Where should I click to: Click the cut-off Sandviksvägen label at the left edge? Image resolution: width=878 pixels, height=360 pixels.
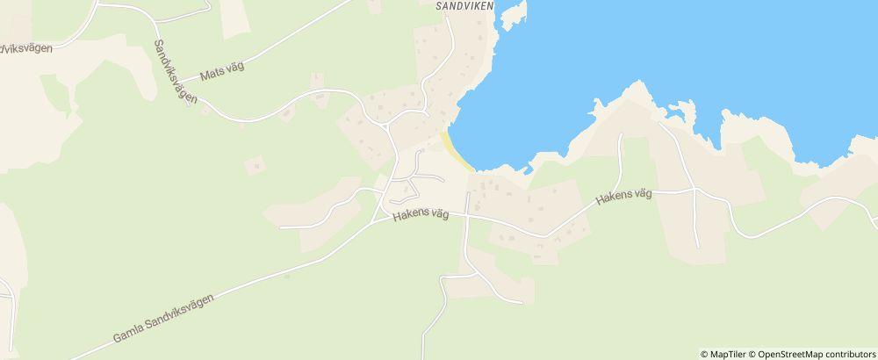[25, 49]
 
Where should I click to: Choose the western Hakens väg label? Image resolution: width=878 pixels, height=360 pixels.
[421, 214]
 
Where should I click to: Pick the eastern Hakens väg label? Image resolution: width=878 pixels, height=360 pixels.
[623, 198]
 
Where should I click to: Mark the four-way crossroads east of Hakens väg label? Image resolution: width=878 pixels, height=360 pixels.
[694, 188]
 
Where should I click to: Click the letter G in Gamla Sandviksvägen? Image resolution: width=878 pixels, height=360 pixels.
[118, 338]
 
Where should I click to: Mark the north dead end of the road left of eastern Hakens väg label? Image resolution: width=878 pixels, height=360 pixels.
[621, 135]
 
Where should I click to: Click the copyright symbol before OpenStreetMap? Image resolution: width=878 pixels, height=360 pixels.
[752, 354]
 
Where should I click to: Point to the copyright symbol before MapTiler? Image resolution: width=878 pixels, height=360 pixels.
[705, 354]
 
